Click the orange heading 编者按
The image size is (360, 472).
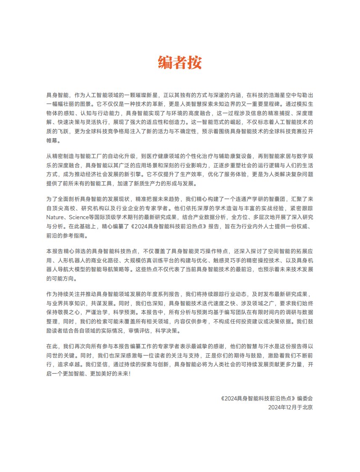pyautogui.click(x=180, y=62)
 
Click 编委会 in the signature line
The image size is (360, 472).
pyautogui.click(x=305, y=398)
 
